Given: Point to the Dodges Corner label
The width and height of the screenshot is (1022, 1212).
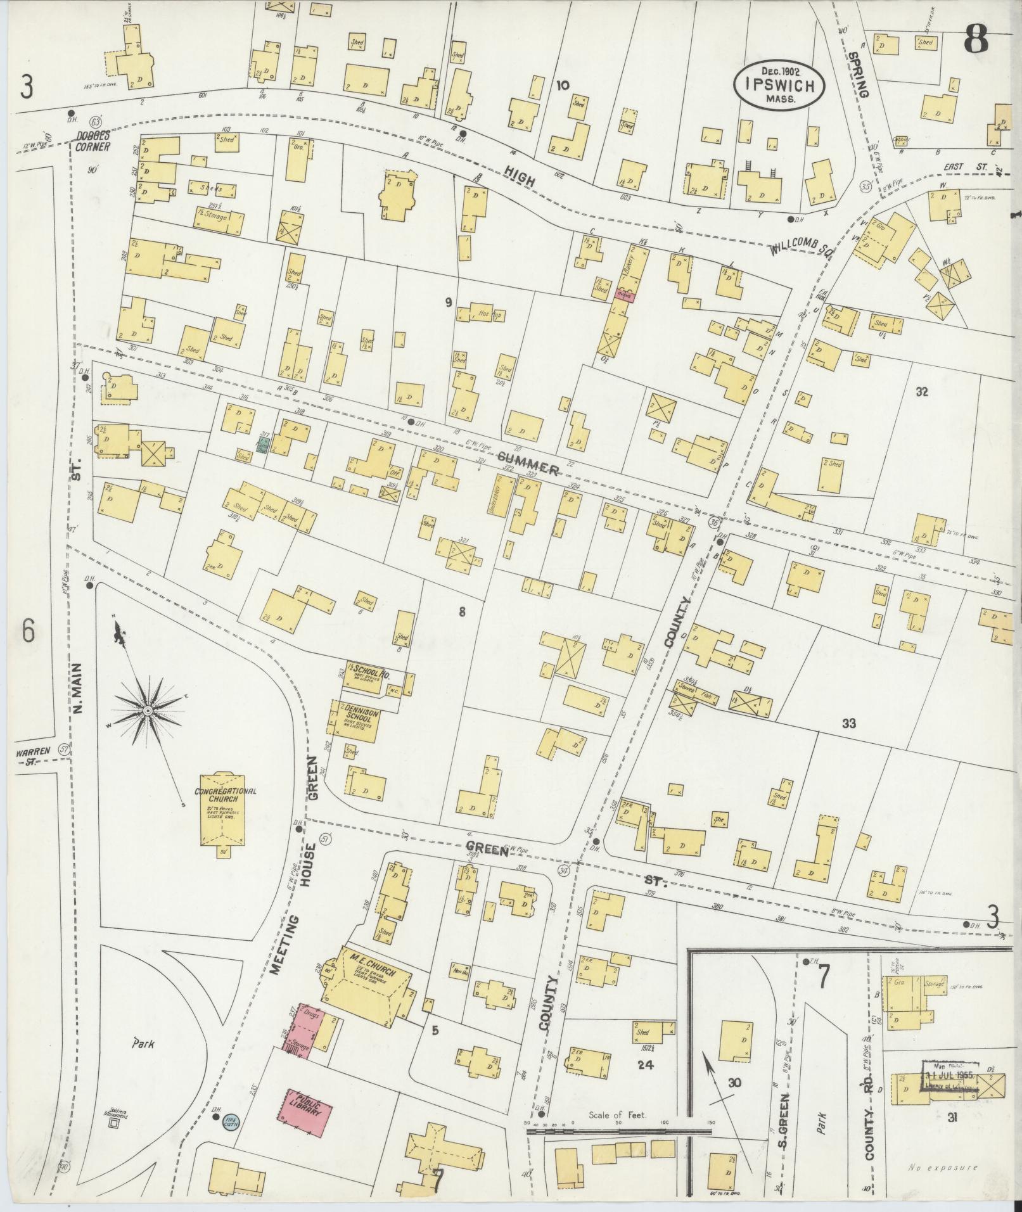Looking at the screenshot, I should point(93,141).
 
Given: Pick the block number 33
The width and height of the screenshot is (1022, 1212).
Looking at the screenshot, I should point(849,723).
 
